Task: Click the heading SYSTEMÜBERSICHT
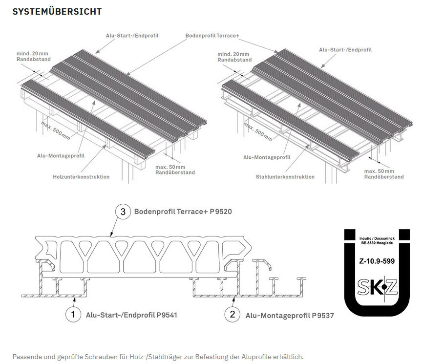pos(57,11)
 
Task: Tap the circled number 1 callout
pos(73,315)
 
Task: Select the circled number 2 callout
pos(233,315)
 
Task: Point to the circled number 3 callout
pos(123,212)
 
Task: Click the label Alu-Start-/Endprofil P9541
pos(131,315)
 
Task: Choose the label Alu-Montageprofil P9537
pos(290,316)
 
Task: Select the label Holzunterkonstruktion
pos(81,176)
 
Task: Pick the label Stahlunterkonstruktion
pos(285,176)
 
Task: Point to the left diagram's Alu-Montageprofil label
pos(61,155)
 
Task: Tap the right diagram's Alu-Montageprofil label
pos(267,157)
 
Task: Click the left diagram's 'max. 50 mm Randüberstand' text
pos(175,170)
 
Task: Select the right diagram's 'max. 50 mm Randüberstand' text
pos(384,174)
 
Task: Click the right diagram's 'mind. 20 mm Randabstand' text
pos(234,57)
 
